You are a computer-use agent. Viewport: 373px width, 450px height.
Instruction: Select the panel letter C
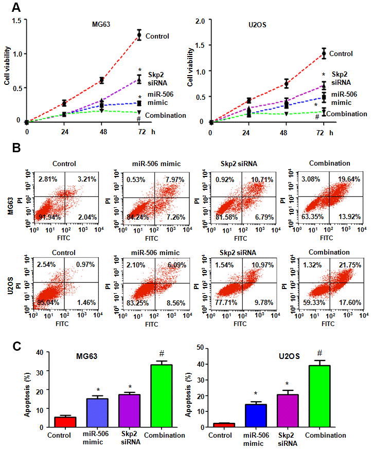click(16, 346)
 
